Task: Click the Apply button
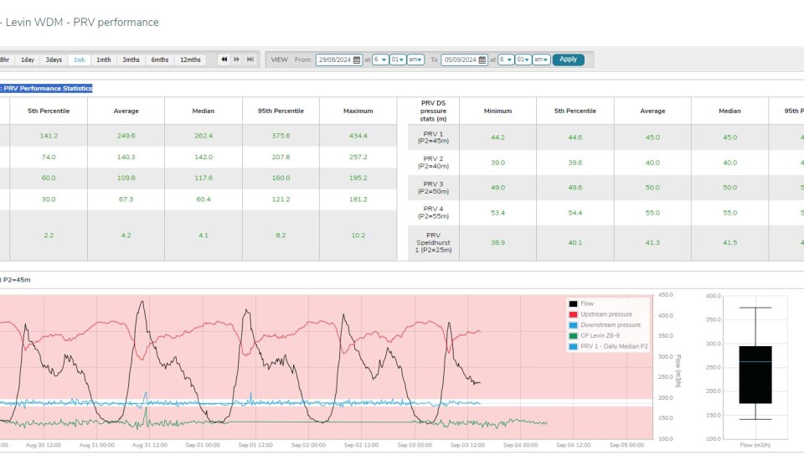click(568, 60)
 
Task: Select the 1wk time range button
click(80, 60)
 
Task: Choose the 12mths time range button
click(190, 60)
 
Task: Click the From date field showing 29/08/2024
click(339, 60)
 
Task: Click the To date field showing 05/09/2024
click(464, 60)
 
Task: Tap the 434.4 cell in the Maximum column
click(358, 136)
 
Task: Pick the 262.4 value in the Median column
click(204, 136)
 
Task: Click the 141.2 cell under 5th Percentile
click(49, 136)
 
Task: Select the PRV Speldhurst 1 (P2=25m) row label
click(433, 242)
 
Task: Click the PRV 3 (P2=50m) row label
click(433, 188)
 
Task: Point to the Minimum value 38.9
click(497, 242)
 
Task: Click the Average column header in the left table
click(126, 111)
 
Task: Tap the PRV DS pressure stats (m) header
click(433, 111)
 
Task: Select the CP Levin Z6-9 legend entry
click(603, 335)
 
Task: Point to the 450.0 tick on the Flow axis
click(666, 295)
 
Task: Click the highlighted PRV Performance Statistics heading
click(47, 88)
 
